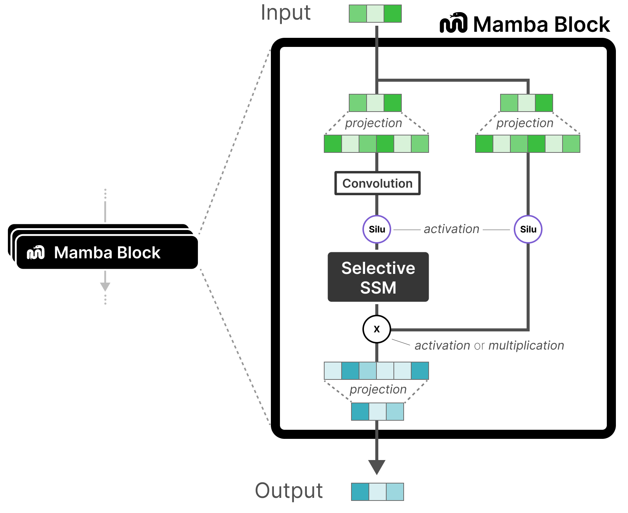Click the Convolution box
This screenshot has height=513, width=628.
point(377,183)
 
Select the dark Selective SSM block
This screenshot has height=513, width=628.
point(378,277)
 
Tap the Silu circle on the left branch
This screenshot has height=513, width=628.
point(377,229)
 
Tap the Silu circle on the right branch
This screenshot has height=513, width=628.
point(528,229)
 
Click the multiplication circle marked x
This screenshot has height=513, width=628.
point(377,329)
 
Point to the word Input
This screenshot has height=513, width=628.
point(286,13)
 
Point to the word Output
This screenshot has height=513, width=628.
point(289,491)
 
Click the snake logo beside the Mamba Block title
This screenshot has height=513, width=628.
point(453,23)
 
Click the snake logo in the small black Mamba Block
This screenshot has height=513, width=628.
point(36,252)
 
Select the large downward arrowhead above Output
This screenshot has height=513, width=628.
point(377,466)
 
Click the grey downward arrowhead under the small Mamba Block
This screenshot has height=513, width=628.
point(105,286)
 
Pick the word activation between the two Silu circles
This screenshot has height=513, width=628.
point(451,229)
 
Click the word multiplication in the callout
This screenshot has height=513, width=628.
point(526,345)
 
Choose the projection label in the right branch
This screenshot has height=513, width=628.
point(525,123)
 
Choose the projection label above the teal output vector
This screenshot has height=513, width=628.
point(378,389)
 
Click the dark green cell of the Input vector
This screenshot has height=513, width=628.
point(393,14)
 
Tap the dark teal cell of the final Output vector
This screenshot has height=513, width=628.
point(360,492)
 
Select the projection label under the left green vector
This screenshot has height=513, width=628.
point(373,123)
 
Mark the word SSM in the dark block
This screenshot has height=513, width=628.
point(378,288)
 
